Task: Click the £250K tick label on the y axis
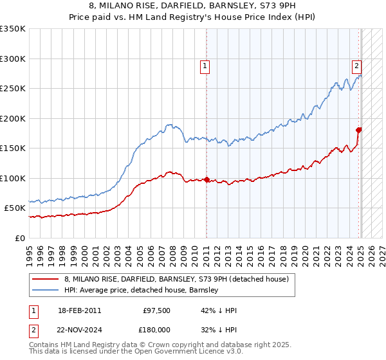pos(12,89)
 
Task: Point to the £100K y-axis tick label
pos(12,178)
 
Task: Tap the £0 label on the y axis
pos(19,238)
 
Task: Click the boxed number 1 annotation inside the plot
pos(205,65)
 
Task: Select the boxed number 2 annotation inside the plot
pos(356,65)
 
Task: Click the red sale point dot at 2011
pos(207,180)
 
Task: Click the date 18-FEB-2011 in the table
pos(79,310)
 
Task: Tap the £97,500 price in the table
pos(154,310)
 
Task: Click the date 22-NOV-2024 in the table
pos(79,328)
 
